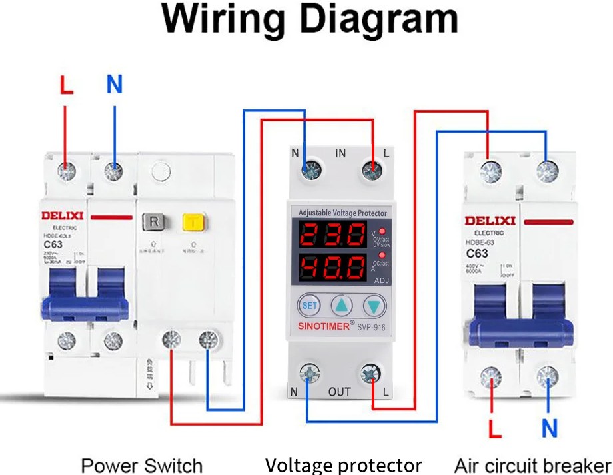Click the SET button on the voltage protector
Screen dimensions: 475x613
(x=309, y=305)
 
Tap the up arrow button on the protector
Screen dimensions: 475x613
(x=342, y=306)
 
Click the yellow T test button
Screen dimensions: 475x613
(x=193, y=221)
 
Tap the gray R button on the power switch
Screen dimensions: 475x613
(x=153, y=221)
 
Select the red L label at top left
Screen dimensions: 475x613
(x=66, y=85)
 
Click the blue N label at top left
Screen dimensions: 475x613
(x=115, y=85)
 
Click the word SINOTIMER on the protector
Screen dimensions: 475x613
(x=324, y=326)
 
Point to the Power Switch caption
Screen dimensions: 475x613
(x=141, y=465)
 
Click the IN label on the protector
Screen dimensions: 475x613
(x=340, y=154)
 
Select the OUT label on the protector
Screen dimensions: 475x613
(x=339, y=392)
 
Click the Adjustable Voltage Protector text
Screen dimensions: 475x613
(x=342, y=213)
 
